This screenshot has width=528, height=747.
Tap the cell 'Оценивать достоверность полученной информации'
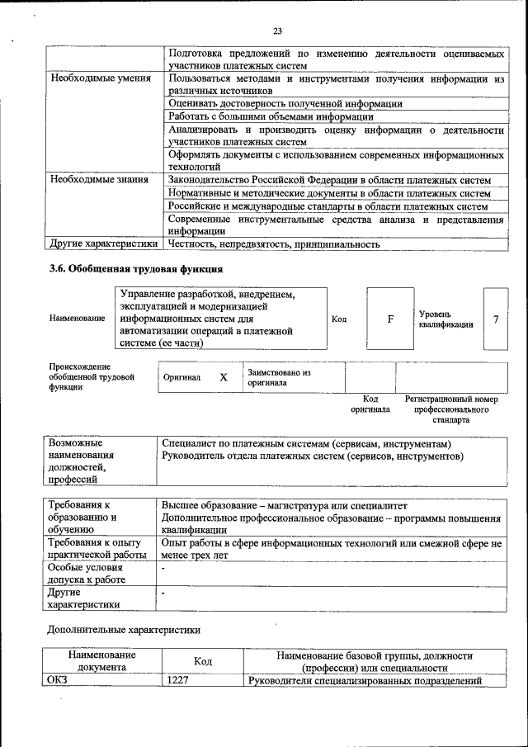tap(285, 104)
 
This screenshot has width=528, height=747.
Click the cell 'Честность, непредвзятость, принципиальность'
tap(274, 244)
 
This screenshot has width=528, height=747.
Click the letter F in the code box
tap(390, 319)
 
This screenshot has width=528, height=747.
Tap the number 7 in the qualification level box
tap(496, 319)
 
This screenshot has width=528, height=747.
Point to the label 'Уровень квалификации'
tap(445, 319)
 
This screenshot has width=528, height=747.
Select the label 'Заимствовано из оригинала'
tap(278, 378)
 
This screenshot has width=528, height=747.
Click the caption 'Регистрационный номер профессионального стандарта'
tap(451, 409)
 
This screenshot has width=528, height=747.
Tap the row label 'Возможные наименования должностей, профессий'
tap(81, 461)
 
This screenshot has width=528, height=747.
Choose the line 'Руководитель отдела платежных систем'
tap(313, 456)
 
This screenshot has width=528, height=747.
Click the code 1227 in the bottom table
tap(179, 681)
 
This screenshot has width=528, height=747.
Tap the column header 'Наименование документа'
tap(102, 661)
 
